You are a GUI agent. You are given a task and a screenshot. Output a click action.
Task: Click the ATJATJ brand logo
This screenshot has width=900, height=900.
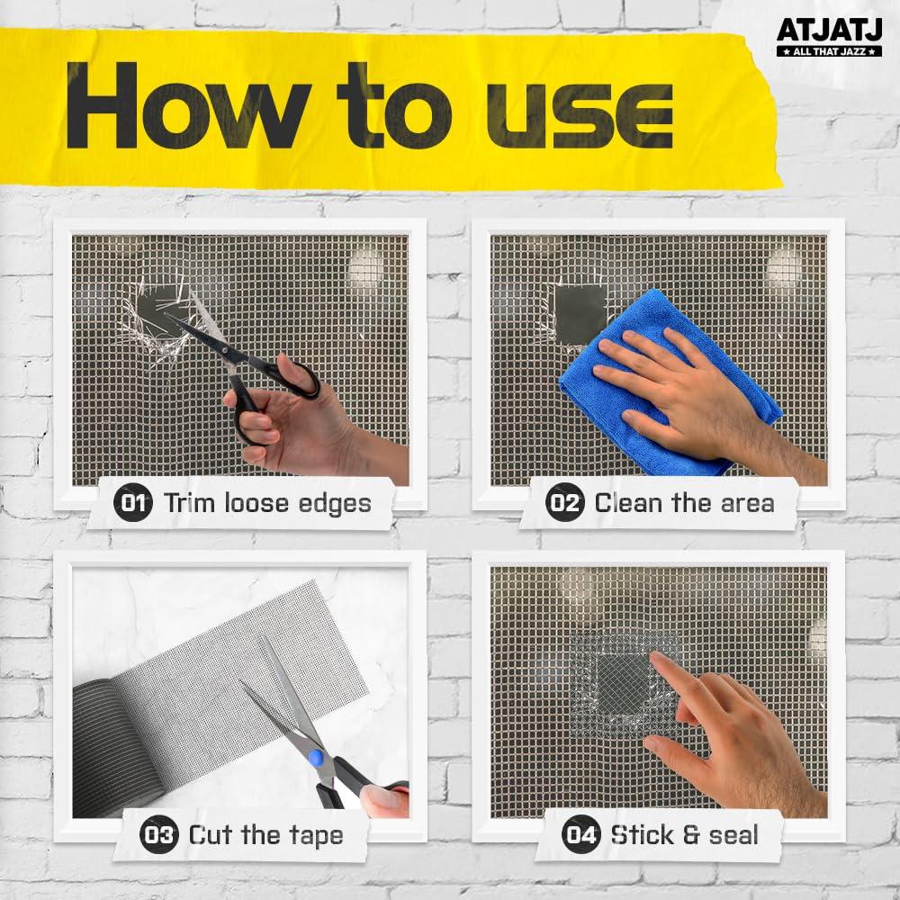click(829, 37)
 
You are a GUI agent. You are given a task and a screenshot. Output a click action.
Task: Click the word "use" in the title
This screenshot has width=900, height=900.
click(579, 115)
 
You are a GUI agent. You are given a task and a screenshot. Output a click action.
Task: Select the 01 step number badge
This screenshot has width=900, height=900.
click(133, 503)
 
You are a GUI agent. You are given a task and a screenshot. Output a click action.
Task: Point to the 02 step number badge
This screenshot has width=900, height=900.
click(565, 503)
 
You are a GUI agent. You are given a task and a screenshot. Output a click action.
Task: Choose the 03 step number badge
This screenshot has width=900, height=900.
click(159, 834)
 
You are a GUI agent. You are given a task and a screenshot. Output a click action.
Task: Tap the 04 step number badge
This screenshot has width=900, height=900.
click(580, 834)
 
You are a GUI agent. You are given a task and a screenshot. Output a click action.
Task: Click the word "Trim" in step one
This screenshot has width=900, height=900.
click(190, 503)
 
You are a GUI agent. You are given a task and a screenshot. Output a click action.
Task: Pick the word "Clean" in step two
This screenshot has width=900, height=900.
click(629, 503)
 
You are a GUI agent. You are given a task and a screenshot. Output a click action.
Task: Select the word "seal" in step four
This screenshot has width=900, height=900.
click(733, 835)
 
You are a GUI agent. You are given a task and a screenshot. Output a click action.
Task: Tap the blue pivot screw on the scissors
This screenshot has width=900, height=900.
click(314, 757)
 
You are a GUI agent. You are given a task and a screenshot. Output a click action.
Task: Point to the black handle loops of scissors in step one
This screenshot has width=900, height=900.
click(270, 396)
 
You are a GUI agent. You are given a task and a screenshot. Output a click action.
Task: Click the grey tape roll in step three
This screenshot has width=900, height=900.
click(121, 746)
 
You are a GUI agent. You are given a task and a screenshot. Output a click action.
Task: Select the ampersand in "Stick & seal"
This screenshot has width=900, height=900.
click(691, 835)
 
